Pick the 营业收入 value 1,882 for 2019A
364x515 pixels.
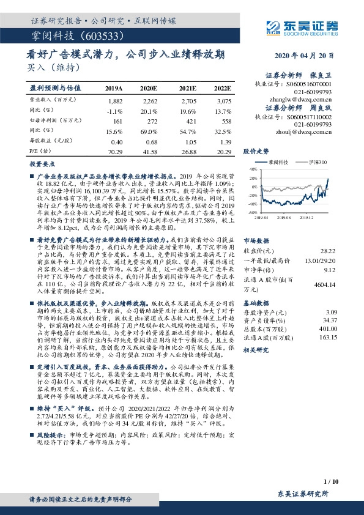[x=114, y=100]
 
